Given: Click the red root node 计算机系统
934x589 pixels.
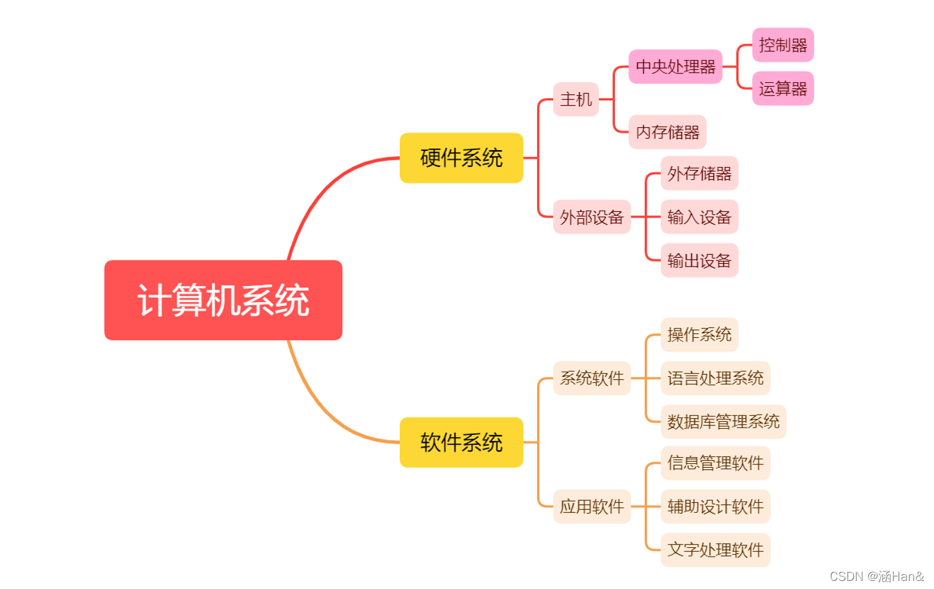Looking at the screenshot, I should [223, 300].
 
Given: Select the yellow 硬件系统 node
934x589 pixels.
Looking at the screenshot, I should [461, 158].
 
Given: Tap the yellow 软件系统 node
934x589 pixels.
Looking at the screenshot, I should [461, 442].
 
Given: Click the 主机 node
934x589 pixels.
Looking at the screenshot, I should [576, 100].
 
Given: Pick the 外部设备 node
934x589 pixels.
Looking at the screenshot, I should [591, 217].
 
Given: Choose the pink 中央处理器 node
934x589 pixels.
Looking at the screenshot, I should [676, 67].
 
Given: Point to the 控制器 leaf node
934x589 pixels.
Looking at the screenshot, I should [783, 45].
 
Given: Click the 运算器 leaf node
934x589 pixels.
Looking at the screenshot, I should [783, 89].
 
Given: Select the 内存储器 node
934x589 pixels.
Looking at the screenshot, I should [668, 132].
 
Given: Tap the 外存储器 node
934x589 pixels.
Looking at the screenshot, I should [699, 174].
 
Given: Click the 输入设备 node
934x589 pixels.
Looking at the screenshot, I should [699, 217].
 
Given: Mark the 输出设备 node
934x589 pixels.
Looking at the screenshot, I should [699, 261].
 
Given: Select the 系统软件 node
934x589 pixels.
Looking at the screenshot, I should [591, 378].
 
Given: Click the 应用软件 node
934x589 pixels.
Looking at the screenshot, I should [591, 507].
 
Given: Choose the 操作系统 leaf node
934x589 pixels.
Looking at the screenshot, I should [699, 335].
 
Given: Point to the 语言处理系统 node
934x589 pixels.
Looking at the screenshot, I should [715, 378].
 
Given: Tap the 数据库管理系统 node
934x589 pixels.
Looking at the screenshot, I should [723, 422].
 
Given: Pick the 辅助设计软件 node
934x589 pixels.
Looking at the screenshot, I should [715, 507].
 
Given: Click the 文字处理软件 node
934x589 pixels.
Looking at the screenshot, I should [715, 550].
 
